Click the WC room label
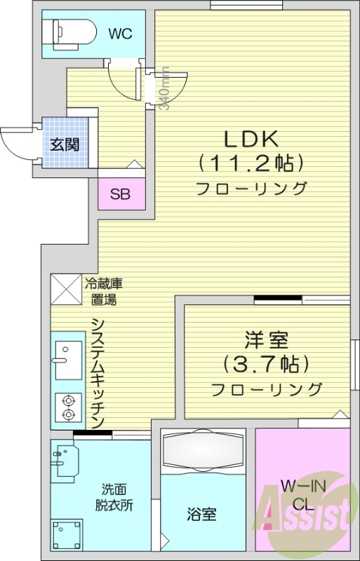tap(120, 33)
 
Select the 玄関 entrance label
tap(64, 145)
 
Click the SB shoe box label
tap(119, 194)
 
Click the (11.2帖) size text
tap(251, 163)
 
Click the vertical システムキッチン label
tap(98, 372)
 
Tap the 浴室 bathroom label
tap(201, 515)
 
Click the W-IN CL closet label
tap(302, 494)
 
